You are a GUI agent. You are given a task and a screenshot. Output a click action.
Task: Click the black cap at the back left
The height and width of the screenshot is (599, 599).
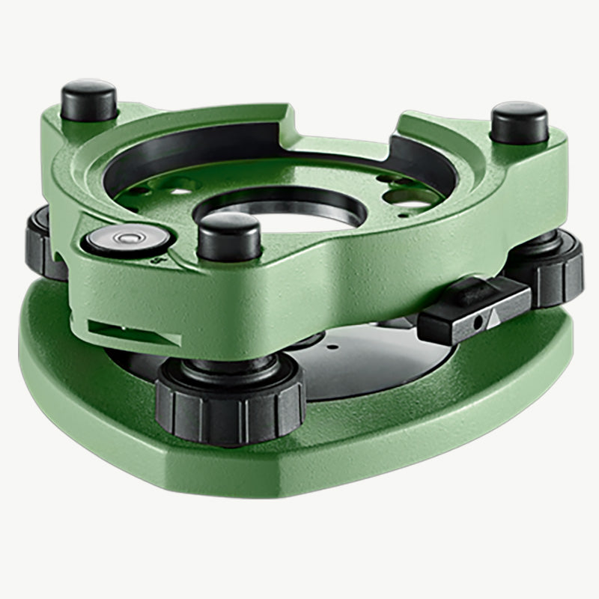tap(89, 99)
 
